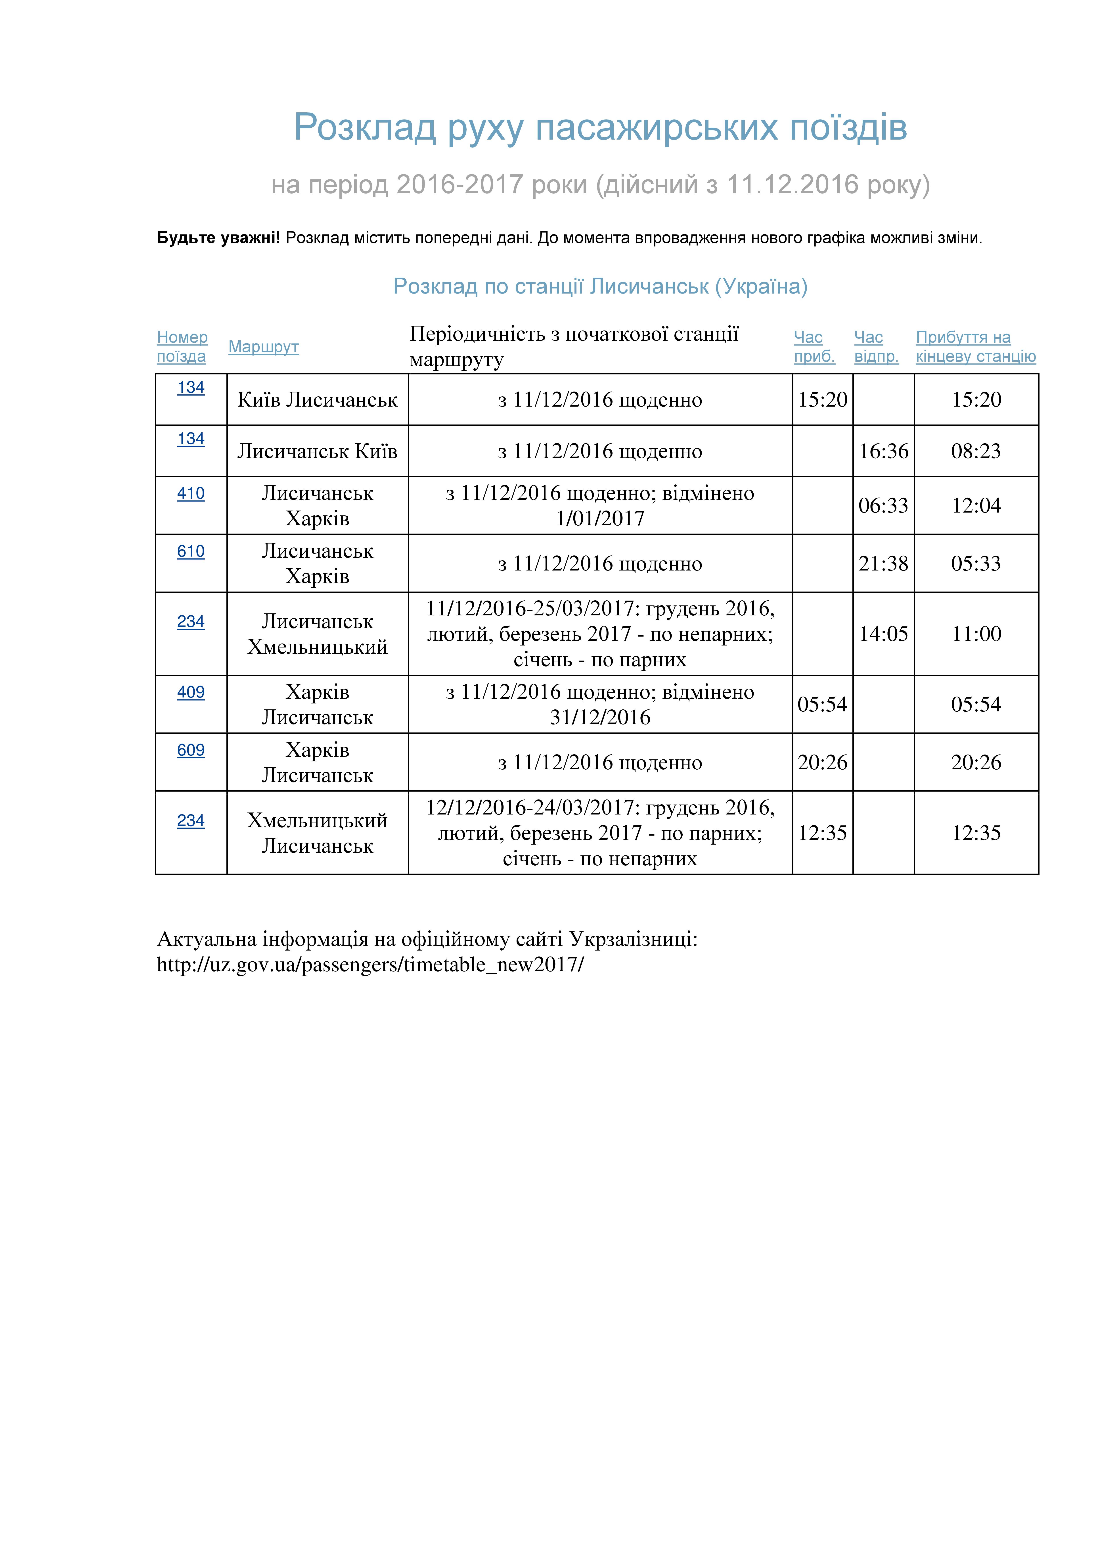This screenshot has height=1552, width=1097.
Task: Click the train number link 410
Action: tap(191, 494)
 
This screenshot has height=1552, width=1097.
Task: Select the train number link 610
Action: tap(191, 551)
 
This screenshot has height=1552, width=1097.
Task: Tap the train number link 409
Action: tap(191, 692)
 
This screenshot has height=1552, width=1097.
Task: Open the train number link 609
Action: tap(191, 750)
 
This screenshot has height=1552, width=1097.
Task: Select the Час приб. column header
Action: tap(814, 347)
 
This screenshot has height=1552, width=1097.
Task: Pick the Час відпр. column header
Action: tap(876, 347)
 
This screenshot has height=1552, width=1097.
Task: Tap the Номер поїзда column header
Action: tap(182, 347)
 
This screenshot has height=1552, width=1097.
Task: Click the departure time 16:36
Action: tap(883, 451)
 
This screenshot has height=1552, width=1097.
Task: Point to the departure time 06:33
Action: tap(883, 506)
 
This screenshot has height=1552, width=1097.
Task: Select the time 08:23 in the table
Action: tap(975, 451)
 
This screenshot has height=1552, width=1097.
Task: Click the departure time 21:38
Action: tap(883, 564)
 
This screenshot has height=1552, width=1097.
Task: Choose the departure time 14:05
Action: tap(883, 634)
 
